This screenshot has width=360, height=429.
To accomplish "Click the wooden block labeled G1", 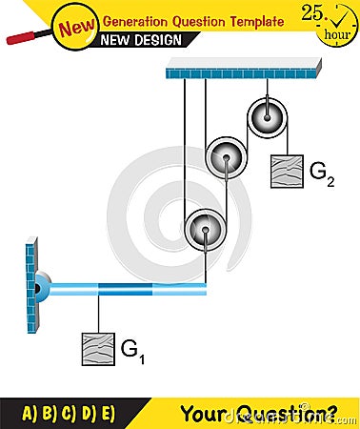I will click(x=97, y=349).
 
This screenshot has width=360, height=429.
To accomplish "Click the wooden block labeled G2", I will click(x=287, y=171).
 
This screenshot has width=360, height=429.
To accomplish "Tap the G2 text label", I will click(x=322, y=173).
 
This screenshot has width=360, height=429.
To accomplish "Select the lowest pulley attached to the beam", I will click(x=204, y=229).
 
